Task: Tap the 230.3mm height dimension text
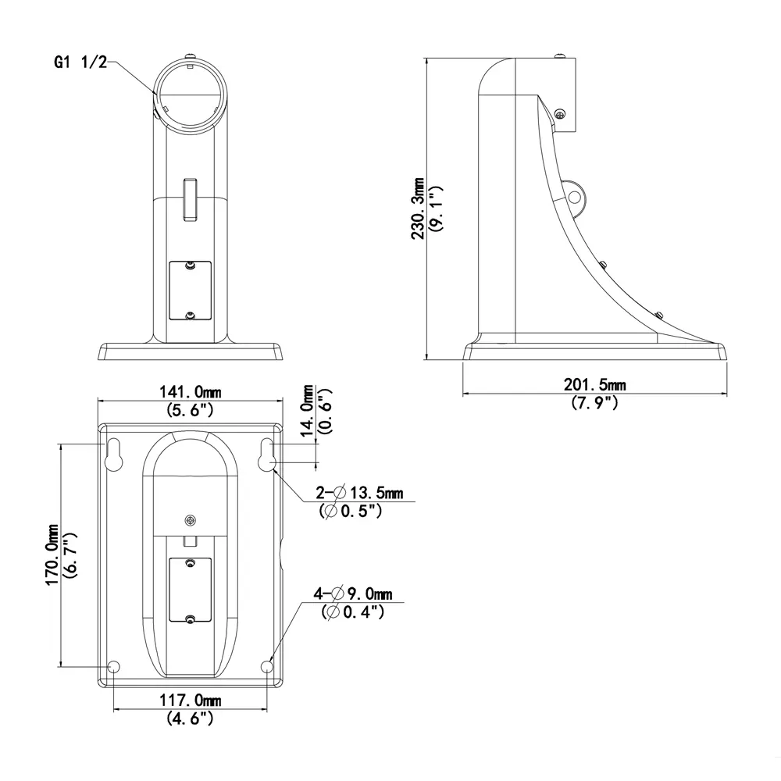tap(419, 208)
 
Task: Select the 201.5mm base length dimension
tap(594, 384)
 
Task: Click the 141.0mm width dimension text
tap(189, 393)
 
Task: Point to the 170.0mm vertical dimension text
tap(52, 555)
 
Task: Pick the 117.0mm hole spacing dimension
tap(190, 701)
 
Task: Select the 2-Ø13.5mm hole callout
tap(360, 493)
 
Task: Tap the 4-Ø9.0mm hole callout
tap(353, 594)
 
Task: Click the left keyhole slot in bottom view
tap(114, 456)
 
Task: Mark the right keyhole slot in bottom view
tap(266, 456)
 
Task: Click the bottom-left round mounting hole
tap(114, 667)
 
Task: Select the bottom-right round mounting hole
tap(267, 667)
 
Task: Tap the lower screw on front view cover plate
tap(190, 315)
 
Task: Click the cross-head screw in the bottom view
tap(191, 520)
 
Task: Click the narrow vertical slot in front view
tap(190, 199)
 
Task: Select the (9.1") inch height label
tap(437, 208)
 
